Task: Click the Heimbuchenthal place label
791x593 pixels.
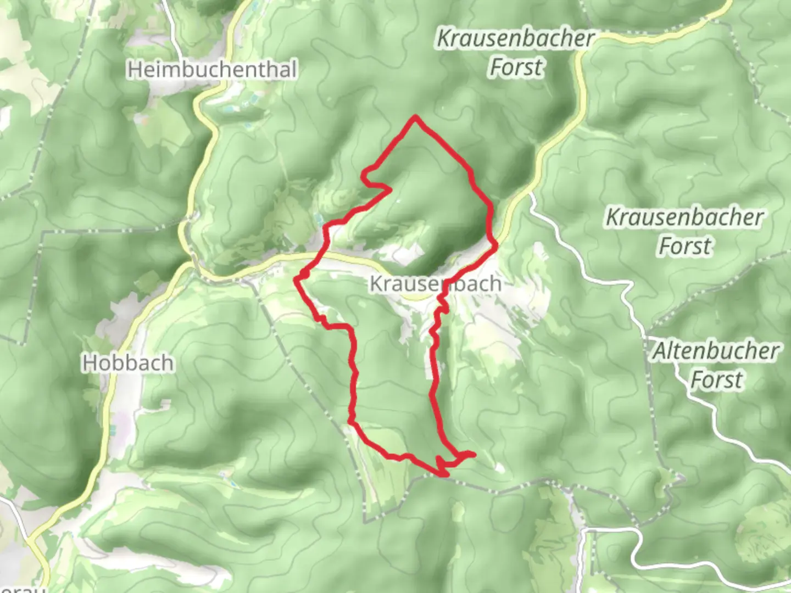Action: (x=212, y=70)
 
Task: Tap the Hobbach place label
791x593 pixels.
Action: (x=128, y=363)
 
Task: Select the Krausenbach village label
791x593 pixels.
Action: (x=435, y=284)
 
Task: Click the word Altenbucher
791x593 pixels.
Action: (x=716, y=351)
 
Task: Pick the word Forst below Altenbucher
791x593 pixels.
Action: (x=716, y=379)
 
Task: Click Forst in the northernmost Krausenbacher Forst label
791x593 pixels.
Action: (x=516, y=68)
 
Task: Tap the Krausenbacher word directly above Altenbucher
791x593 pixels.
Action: (x=684, y=217)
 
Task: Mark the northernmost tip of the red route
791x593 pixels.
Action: (x=416, y=116)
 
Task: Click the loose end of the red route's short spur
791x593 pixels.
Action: (x=473, y=454)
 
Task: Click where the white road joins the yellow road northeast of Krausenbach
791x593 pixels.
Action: (x=530, y=193)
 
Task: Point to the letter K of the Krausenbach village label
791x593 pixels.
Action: (x=376, y=284)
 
